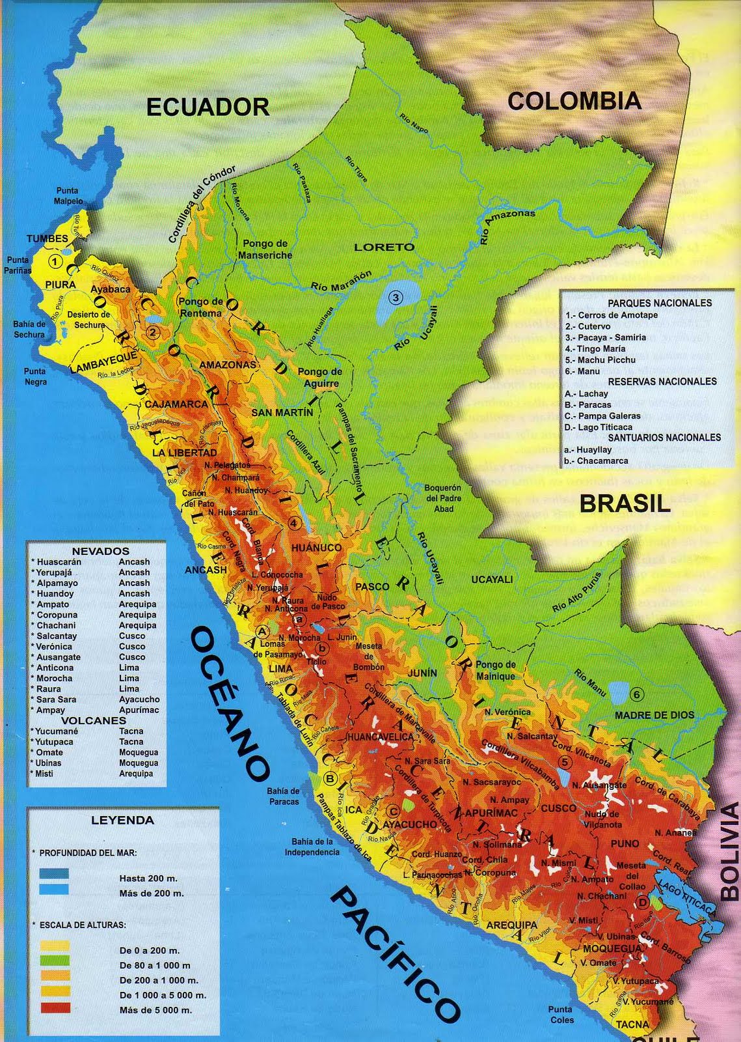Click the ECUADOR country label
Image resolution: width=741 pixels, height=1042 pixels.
208,106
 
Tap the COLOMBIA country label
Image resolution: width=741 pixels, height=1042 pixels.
574,100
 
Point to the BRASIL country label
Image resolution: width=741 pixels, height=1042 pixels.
625,503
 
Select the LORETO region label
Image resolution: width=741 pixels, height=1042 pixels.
384,247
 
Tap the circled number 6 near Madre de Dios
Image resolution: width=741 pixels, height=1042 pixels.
636,694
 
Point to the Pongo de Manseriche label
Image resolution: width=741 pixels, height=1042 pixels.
265,249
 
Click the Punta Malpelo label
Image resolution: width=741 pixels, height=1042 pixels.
68,196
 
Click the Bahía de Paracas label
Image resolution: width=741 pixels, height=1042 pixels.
284,796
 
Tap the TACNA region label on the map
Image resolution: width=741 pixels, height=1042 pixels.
632,1024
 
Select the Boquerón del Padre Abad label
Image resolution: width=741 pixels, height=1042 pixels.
444,498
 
